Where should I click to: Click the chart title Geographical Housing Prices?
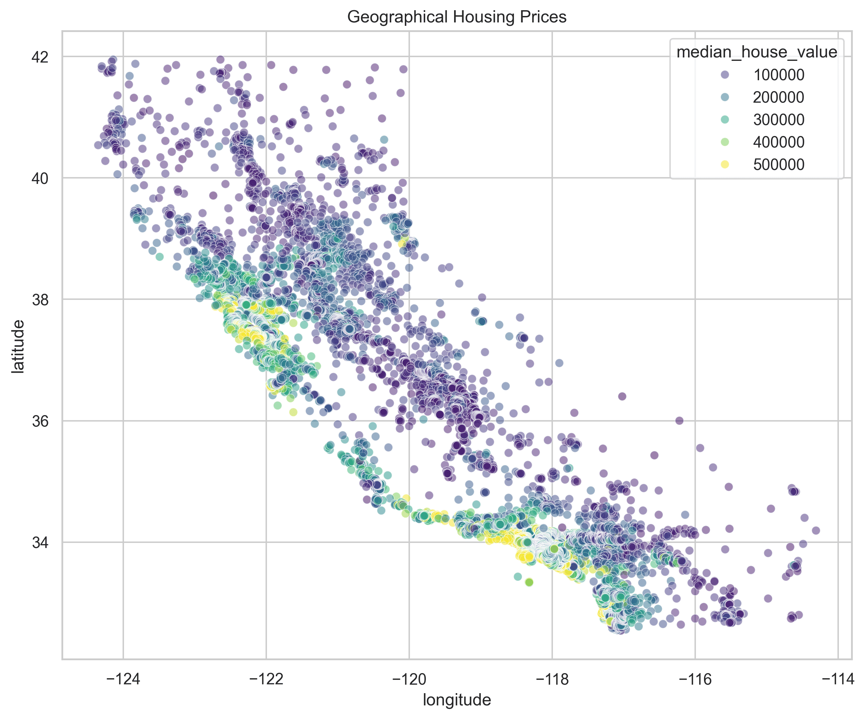pos(457,17)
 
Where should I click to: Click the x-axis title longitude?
pos(457,700)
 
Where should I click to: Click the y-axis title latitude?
pos(17,347)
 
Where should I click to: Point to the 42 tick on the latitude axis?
pos(40,57)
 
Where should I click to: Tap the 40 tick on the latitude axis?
pos(40,178)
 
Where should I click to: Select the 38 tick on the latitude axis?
pos(40,300)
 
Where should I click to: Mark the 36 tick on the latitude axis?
pos(40,421)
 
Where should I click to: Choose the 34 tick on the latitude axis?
pos(40,543)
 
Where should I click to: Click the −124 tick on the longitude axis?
pos(123,679)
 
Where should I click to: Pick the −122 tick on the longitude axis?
pos(266,679)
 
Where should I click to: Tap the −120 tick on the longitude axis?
pos(409,679)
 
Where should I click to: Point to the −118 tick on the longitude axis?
pos(552,679)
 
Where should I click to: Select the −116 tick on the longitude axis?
pos(695,679)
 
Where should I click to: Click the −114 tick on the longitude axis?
pos(838,679)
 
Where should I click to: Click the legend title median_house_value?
pos(757,52)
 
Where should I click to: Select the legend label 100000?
pos(778,75)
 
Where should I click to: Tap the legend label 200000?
pos(778,97)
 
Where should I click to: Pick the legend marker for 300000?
pos(724,120)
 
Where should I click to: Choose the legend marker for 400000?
pos(724,142)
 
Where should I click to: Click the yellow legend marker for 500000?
pos(724,165)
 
